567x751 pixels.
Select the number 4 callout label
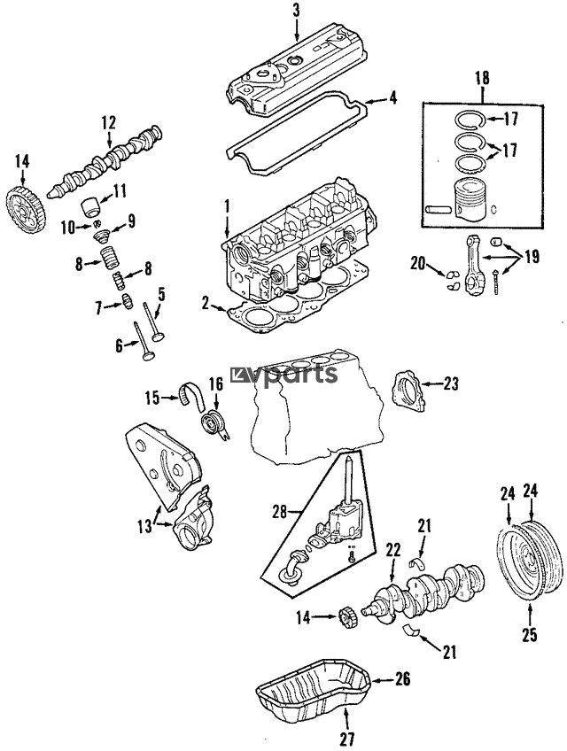(392, 98)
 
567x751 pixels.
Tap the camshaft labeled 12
(105, 163)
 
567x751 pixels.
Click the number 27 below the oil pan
(347, 739)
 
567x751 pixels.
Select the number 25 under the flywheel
(530, 634)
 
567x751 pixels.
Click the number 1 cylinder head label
(226, 207)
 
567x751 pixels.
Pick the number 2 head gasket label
(206, 303)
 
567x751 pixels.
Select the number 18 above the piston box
(482, 78)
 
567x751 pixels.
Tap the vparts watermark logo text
(284, 374)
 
